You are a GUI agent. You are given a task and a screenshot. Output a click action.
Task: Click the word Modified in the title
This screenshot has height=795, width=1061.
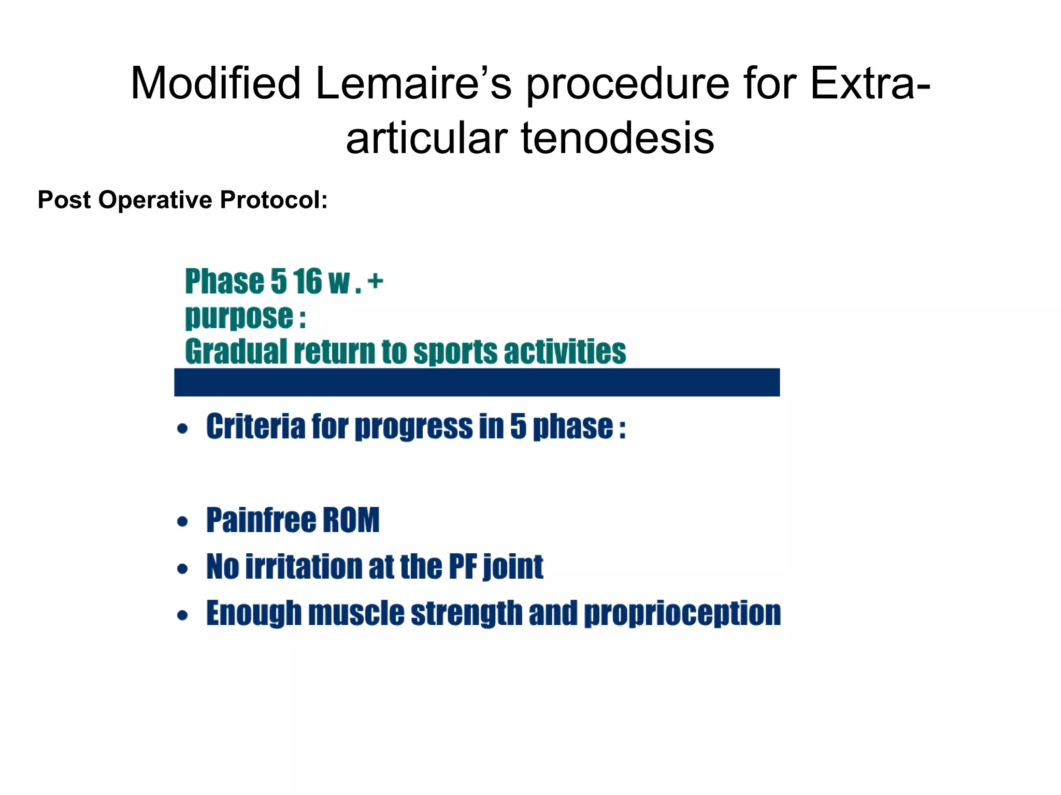(x=216, y=84)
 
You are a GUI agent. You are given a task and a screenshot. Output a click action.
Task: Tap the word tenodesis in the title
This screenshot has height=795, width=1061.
(x=618, y=138)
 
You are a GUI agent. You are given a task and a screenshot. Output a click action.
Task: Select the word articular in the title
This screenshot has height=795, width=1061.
(x=426, y=138)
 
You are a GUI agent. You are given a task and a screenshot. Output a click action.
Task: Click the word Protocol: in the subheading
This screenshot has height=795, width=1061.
(x=274, y=200)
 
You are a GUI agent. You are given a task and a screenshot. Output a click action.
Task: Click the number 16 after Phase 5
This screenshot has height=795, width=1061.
(x=307, y=282)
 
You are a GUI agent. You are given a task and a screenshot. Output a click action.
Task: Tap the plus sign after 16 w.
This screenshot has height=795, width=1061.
(x=375, y=282)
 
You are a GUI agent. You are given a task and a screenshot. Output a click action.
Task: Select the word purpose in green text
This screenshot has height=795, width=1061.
(x=239, y=317)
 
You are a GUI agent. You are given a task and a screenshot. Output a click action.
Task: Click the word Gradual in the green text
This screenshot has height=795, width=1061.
(x=236, y=352)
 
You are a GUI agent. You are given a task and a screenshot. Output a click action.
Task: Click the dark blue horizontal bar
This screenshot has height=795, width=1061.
(x=477, y=382)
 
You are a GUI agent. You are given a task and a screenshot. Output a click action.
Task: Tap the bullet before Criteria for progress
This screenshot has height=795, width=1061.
(x=182, y=429)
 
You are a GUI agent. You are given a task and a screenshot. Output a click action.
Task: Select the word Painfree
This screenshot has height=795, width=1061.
(x=261, y=520)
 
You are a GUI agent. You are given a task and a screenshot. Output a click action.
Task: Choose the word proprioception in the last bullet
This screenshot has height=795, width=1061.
(x=682, y=614)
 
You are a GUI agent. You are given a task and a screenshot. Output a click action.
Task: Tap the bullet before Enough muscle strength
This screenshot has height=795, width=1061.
(x=182, y=615)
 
